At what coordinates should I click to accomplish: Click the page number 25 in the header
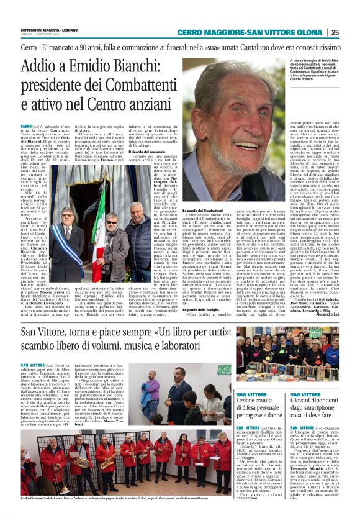(x=351, y=33)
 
